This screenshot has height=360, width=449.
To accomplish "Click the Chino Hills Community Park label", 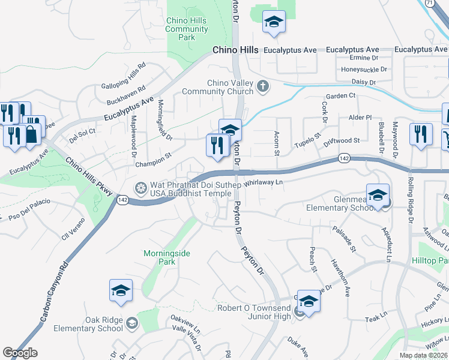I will [187, 29].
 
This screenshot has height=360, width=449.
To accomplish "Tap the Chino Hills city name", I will [234, 51].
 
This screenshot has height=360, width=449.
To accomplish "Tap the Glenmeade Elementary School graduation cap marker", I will [378, 196].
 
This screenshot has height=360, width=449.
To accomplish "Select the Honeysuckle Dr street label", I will [364, 70].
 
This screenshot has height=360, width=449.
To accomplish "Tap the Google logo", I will [20, 353].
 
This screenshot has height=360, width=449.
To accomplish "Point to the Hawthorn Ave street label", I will [341, 278].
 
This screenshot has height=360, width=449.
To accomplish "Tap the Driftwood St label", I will [342, 141].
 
